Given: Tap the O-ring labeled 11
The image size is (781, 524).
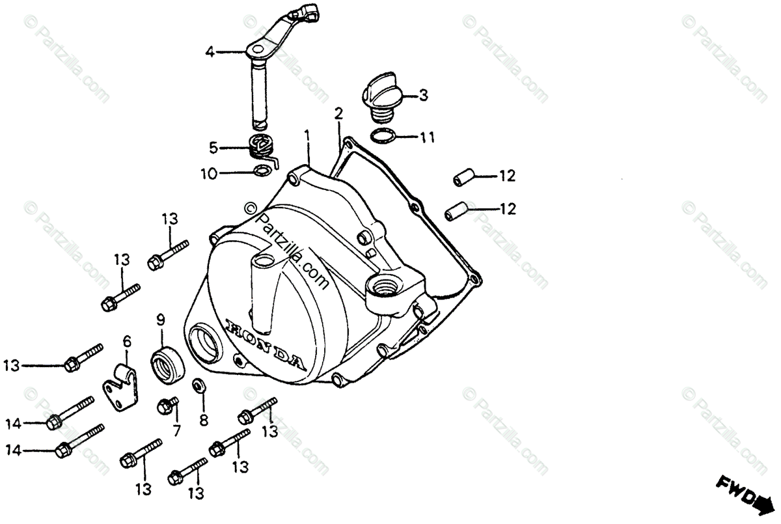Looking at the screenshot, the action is [384, 136].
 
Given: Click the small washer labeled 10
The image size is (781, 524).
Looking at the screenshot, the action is [261, 172].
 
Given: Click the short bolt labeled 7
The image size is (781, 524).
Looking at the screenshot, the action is [167, 406].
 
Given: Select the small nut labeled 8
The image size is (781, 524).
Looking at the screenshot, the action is [199, 385].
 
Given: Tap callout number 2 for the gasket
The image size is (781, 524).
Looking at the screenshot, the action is [338, 113].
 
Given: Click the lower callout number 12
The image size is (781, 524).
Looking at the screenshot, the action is [507, 209].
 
